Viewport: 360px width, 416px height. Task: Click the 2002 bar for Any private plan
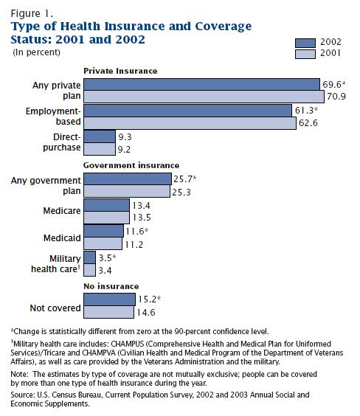tap(201, 84)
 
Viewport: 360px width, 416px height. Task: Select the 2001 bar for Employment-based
tap(190, 123)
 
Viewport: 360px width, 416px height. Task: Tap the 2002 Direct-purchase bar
tap(100, 136)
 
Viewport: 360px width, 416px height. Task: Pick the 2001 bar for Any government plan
tap(127, 191)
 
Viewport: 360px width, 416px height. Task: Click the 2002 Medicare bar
tap(107, 205)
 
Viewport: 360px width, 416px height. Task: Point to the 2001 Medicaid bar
tap(103, 243)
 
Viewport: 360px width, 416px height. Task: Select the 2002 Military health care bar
tap(90, 257)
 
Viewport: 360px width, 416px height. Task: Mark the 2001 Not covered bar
tap(108, 312)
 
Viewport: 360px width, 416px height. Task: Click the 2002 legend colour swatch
tap(305, 43)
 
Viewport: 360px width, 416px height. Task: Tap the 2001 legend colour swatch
tap(305, 54)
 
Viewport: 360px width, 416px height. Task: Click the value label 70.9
tap(336, 97)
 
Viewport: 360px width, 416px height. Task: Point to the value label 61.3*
tap(306, 111)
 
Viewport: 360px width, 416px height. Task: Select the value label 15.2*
tap(149, 299)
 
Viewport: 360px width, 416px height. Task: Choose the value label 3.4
tap(105, 271)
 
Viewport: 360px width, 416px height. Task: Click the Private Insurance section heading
tap(120, 71)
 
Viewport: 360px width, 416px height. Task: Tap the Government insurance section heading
tap(131, 165)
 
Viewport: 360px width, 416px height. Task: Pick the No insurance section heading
tap(111, 286)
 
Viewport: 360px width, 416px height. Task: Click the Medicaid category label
tap(62, 238)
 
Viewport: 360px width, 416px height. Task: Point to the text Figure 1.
tap(32, 13)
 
